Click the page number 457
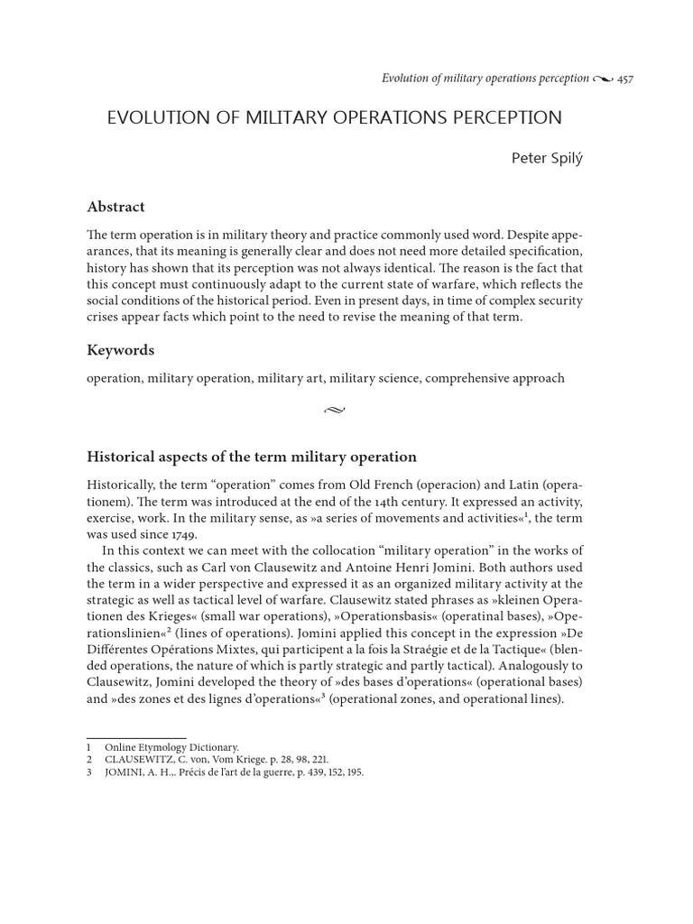point(624,79)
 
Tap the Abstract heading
point(115,207)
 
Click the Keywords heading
point(120,350)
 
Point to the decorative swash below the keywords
point(334,411)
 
